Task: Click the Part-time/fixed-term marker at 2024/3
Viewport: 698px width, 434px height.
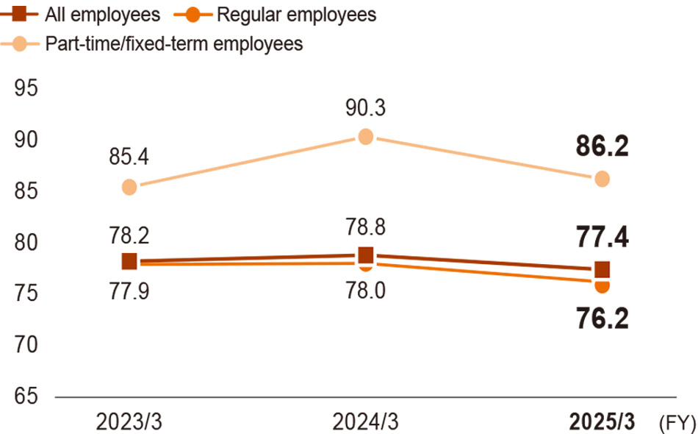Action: pyautogui.click(x=365, y=136)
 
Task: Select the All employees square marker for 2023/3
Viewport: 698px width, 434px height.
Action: pyautogui.click(x=129, y=261)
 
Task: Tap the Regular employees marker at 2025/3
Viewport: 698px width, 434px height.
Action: pyautogui.click(x=602, y=286)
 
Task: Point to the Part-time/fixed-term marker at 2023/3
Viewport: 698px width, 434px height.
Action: pyautogui.click(x=129, y=187)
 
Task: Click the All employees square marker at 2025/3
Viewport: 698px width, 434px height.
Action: pyautogui.click(x=602, y=269)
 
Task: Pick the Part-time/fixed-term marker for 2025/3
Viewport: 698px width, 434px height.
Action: pyautogui.click(x=602, y=179)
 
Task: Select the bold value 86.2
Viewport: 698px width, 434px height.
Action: pyautogui.click(x=602, y=146)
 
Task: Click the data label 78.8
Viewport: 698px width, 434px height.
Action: pyautogui.click(x=365, y=227)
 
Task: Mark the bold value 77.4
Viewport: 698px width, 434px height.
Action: pyautogui.click(x=602, y=238)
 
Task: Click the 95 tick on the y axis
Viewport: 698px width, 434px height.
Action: pyautogui.click(x=26, y=88)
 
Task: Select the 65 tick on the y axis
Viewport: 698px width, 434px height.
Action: pyautogui.click(x=26, y=396)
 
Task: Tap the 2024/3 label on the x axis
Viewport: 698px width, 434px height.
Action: pyautogui.click(x=365, y=422)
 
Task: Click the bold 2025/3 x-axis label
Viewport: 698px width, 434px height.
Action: pyautogui.click(x=602, y=422)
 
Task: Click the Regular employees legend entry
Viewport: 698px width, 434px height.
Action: pyautogui.click(x=296, y=14)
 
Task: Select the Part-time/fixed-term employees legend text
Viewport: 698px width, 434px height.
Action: pyautogui.click(x=173, y=44)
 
